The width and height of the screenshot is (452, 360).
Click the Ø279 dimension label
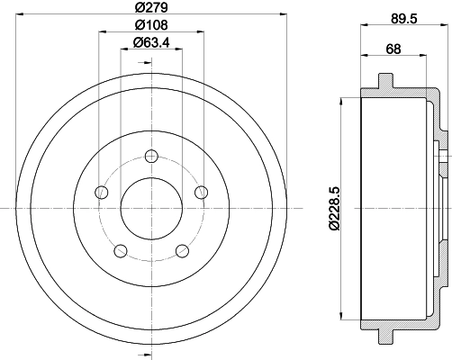(151, 10)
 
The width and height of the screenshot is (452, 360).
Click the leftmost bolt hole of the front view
(102, 192)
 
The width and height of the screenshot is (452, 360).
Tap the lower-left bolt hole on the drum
(122, 249)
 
